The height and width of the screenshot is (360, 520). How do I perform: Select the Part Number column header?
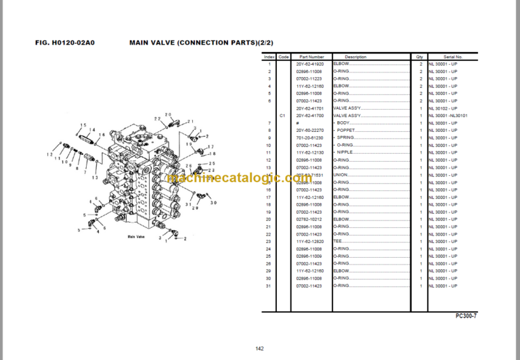pyautogui.click(x=312, y=57)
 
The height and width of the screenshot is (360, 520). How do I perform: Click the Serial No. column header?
pyautogui.click(x=454, y=57)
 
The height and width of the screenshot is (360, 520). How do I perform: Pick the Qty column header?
pyautogui.click(x=420, y=57)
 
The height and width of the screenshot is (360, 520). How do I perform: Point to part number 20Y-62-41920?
pyautogui.click(x=310, y=64)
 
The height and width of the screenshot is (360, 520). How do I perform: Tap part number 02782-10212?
pyautogui.click(x=309, y=219)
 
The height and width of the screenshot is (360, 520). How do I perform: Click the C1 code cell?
pyautogui.click(x=284, y=116)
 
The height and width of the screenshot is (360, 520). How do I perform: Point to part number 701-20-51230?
pyautogui.click(x=309, y=138)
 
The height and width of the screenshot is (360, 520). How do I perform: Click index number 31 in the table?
pyautogui.click(x=268, y=286)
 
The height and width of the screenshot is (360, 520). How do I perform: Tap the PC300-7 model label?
pyautogui.click(x=466, y=316)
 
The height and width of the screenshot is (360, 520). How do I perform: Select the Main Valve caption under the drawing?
pyautogui.click(x=136, y=237)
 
